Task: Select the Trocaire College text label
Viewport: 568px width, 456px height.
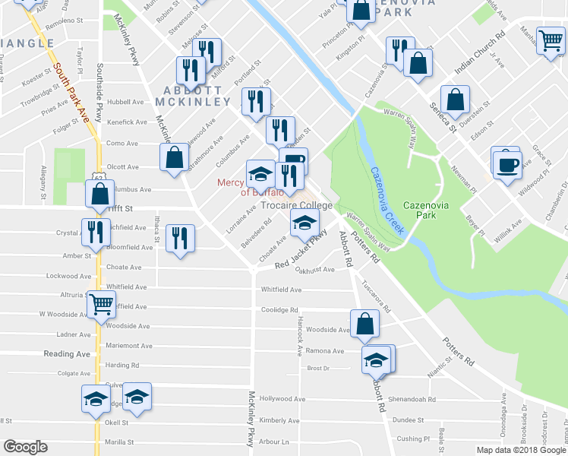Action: coord(296,206)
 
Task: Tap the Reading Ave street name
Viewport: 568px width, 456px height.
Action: coord(67,354)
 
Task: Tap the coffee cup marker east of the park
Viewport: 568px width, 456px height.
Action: coord(507,164)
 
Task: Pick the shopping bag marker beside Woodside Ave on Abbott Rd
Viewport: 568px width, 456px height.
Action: coord(365,323)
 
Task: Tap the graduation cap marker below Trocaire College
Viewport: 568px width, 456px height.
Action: coord(302,223)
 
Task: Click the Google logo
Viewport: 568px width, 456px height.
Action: coord(25,447)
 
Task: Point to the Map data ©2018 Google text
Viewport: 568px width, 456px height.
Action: coord(520,450)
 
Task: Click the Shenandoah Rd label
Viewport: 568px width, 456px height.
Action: coord(412,399)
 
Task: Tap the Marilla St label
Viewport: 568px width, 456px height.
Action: coord(119,442)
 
